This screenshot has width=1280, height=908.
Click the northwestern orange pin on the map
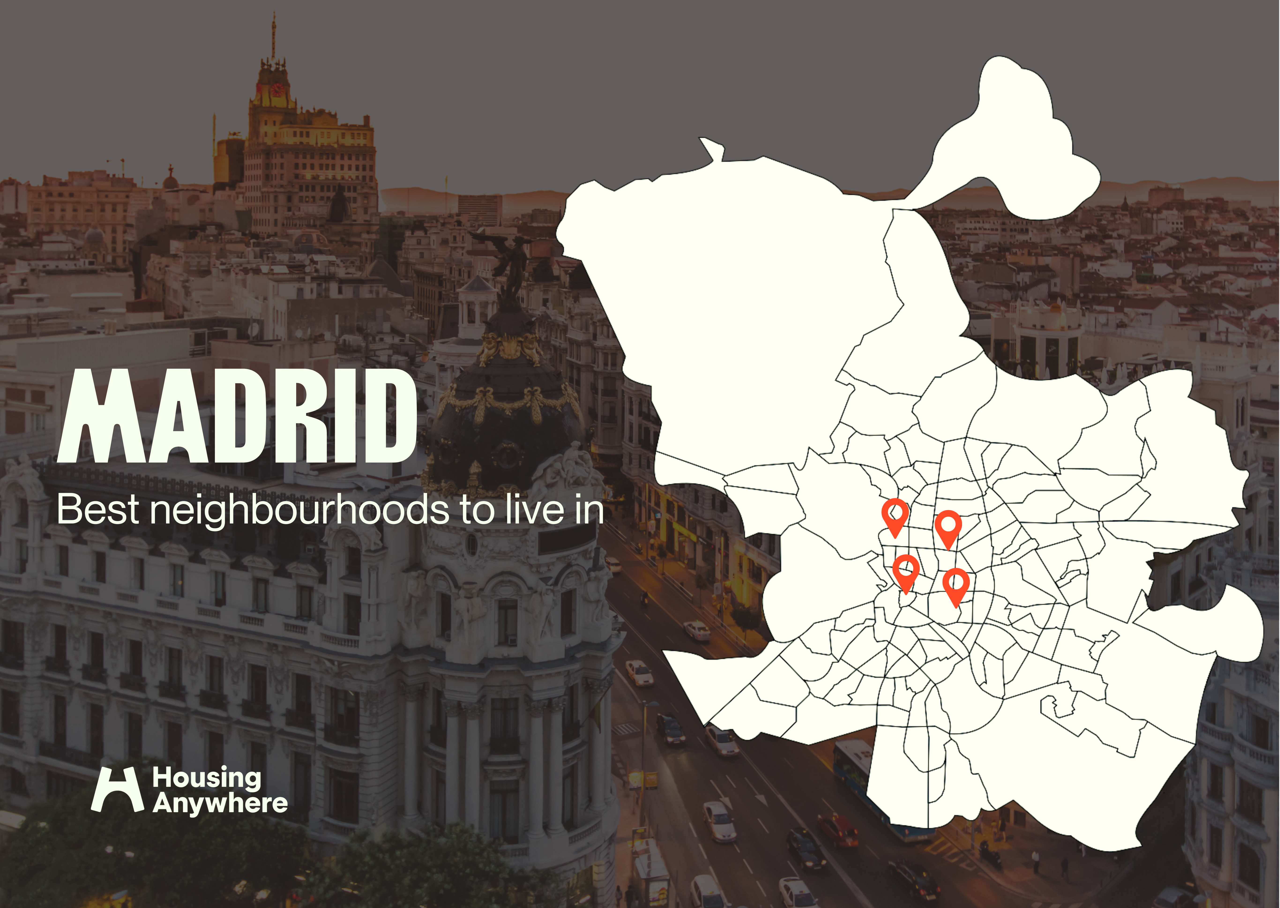pyautogui.click(x=895, y=514)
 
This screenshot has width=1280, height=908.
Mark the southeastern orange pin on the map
pyautogui.click(x=956, y=584)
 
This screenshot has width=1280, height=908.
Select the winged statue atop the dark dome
pyautogui.click(x=511, y=257)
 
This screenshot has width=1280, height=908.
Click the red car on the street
pyautogui.click(x=837, y=830)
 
